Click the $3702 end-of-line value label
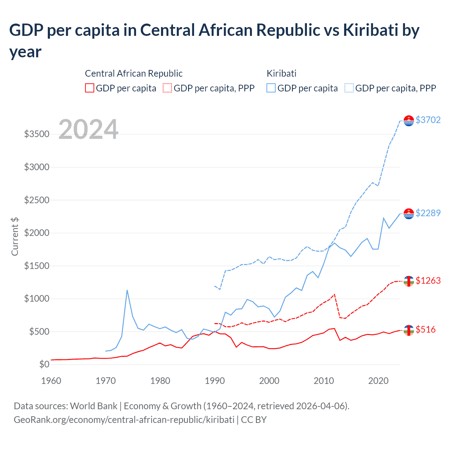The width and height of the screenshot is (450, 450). [428, 120]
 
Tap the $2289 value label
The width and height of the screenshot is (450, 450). [428, 213]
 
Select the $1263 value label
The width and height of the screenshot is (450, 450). [428, 281]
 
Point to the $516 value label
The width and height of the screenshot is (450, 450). [425, 329]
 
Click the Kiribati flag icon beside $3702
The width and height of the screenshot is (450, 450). [409, 121]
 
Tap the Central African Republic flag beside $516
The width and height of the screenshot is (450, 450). [409, 330]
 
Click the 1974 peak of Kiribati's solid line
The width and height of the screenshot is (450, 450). [127, 290]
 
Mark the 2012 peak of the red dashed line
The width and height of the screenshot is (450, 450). [334, 295]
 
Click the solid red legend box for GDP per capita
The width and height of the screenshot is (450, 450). [90, 88]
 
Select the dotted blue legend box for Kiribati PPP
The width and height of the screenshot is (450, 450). [349, 88]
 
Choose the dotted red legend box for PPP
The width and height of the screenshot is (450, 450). [167, 88]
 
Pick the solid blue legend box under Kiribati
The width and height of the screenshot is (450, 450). [271, 88]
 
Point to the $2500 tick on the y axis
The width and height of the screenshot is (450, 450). [37, 200]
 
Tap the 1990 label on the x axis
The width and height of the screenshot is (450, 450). [215, 381]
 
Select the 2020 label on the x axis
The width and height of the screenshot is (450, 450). [378, 381]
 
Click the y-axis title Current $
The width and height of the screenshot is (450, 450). [15, 237]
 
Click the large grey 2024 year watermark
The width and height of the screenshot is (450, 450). [88, 129]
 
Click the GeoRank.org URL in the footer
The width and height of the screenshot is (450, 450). [124, 420]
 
